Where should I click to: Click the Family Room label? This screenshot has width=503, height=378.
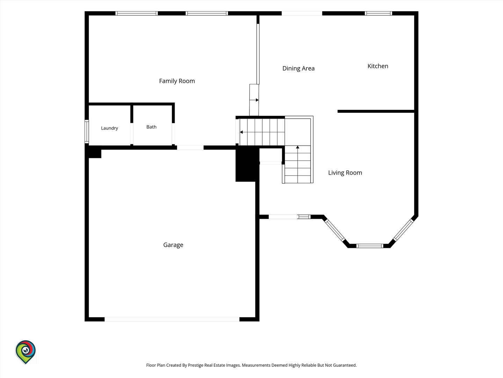(177, 81)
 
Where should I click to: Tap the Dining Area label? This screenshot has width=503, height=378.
(298, 68)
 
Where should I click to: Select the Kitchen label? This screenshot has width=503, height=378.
(378, 66)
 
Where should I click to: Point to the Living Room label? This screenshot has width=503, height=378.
(345, 173)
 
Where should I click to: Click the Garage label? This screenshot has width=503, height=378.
(173, 245)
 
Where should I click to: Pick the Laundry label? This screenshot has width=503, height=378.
(110, 128)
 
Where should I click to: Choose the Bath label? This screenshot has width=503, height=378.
(152, 127)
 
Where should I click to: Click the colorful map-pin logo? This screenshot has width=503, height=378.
(25, 352)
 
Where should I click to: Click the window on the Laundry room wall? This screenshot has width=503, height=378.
(87, 132)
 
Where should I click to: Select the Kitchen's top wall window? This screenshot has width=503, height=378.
(378, 13)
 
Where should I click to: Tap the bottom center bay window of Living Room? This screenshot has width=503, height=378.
(370, 246)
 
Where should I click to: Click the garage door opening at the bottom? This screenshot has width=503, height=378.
(172, 319)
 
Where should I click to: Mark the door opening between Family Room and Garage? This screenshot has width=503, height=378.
(190, 148)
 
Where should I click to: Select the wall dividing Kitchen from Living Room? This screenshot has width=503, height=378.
(376, 111)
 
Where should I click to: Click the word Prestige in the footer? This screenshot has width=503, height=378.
(196, 365)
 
